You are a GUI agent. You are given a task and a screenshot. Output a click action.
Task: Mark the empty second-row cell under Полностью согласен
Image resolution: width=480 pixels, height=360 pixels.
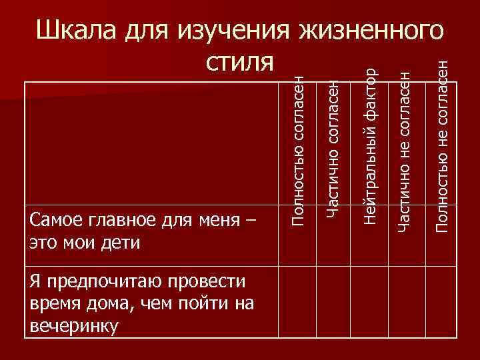tap(297, 303)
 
